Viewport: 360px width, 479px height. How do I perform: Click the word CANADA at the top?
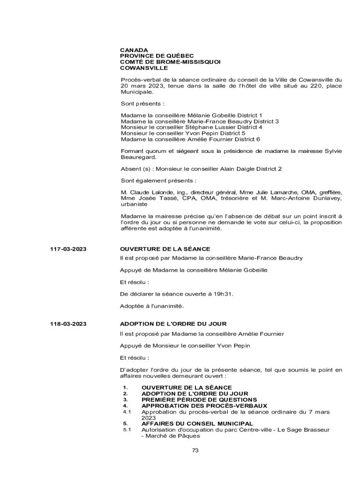pos(134,50)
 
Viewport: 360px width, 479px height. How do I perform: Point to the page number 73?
pos(195,450)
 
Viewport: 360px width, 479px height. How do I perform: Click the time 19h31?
pos(223,294)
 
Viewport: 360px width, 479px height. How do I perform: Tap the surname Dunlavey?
pos(325,198)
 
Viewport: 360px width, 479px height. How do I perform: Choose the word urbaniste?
pos(134,204)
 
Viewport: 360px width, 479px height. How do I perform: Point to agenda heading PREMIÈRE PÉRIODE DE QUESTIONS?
pos(199,399)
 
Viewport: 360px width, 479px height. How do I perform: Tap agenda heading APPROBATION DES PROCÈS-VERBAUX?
pos(204,406)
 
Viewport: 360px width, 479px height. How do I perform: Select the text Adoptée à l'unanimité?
pos(152,306)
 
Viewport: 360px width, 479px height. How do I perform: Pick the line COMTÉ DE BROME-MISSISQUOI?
pos(170,62)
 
